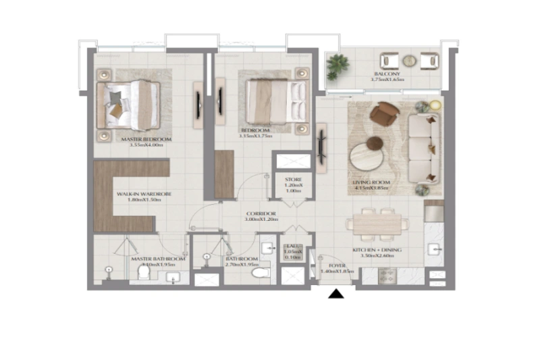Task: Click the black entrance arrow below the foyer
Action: [336, 293]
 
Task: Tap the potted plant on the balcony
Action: [337, 66]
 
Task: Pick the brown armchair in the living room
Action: [385, 113]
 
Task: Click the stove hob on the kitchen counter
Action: [387, 276]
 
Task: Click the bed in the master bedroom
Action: [133, 105]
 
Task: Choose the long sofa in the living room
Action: [423, 149]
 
